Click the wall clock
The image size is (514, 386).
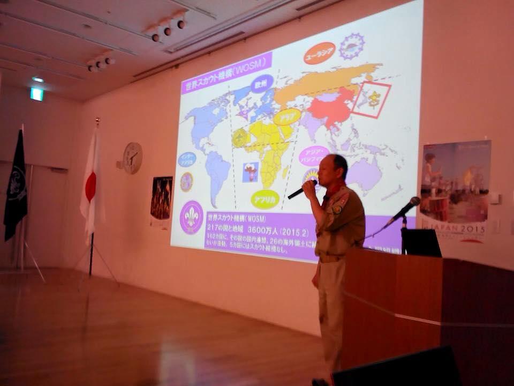(132, 158)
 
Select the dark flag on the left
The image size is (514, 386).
(16, 185)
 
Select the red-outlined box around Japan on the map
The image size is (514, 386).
(371, 100)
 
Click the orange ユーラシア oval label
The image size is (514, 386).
(319, 53)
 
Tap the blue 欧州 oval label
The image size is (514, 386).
(261, 84)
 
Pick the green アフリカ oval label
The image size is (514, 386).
(265, 199)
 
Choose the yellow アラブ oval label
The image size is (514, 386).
(287, 116)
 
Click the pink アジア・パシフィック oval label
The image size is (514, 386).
(314, 155)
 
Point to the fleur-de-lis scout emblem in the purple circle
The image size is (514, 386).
(191, 217)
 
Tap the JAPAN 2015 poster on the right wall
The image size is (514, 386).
(455, 190)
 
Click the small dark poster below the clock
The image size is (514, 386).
(161, 198)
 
